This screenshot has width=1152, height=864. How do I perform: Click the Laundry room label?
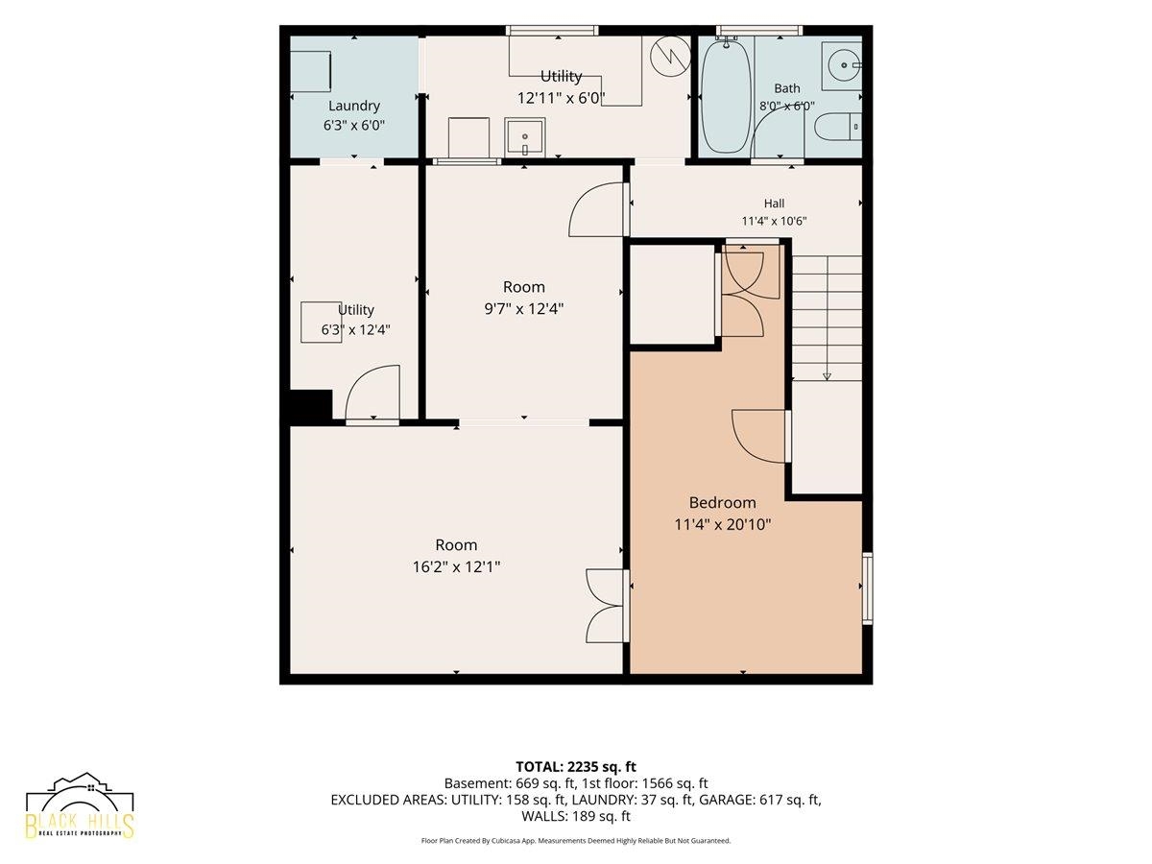pyautogui.click(x=353, y=106)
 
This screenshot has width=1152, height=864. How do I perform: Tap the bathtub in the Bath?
pyautogui.click(x=726, y=97)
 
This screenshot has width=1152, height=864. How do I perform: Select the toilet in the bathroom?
pyautogui.click(x=838, y=127)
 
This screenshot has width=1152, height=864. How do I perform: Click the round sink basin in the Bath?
pyautogui.click(x=844, y=65)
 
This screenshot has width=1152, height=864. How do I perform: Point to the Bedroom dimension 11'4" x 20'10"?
pyautogui.click(x=722, y=524)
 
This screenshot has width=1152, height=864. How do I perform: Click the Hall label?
pyautogui.click(x=774, y=203)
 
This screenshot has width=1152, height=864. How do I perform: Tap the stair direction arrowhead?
pyautogui.click(x=827, y=375)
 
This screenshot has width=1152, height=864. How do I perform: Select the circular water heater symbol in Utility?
pyautogui.click(x=670, y=56)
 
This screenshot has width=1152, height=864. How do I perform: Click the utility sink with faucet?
pyautogui.click(x=524, y=137)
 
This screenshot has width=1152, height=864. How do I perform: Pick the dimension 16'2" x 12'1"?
pyautogui.click(x=456, y=566)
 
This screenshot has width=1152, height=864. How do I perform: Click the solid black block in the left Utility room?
pyautogui.click(x=311, y=406)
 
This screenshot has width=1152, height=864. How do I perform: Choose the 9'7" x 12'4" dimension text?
pyautogui.click(x=524, y=308)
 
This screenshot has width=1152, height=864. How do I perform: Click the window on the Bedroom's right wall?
pyautogui.click(x=868, y=588)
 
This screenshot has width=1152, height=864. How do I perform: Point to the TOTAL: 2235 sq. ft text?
pyautogui.click(x=576, y=767)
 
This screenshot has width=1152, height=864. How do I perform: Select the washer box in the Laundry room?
pyautogui.click(x=311, y=71)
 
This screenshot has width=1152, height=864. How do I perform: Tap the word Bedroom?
pyautogui.click(x=722, y=502)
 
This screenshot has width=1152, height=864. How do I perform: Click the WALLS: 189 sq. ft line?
pyautogui.click(x=576, y=816)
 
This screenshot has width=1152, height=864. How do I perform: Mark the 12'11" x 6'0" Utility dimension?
pyautogui.click(x=561, y=98)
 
